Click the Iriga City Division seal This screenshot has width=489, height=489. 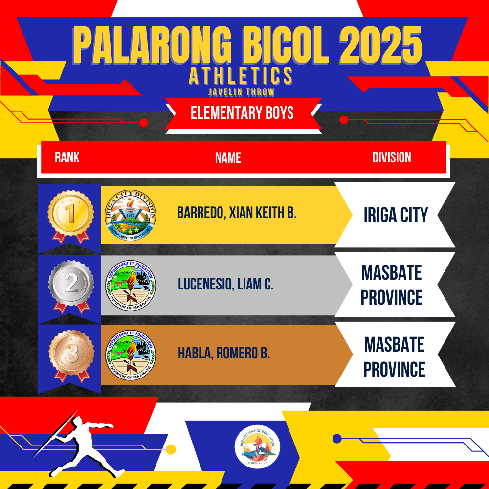(x=131, y=215)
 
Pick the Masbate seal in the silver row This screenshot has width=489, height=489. (x=131, y=286)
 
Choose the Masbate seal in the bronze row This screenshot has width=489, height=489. (x=131, y=355)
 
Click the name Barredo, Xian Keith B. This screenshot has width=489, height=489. (x=237, y=213)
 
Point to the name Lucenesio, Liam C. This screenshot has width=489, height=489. (x=225, y=284)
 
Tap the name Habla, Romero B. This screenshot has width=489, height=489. (x=223, y=353)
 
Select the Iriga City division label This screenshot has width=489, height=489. (x=396, y=215)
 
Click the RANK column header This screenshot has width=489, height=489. (x=67, y=157)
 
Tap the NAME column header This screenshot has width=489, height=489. (x=228, y=157)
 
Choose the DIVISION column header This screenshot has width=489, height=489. (x=391, y=157)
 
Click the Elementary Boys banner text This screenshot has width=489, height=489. (x=242, y=113)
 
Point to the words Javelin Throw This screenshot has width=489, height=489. (x=242, y=92)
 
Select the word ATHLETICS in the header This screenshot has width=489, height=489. (x=241, y=76)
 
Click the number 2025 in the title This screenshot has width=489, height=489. (x=380, y=45)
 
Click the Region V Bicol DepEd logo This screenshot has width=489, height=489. (x=257, y=447)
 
